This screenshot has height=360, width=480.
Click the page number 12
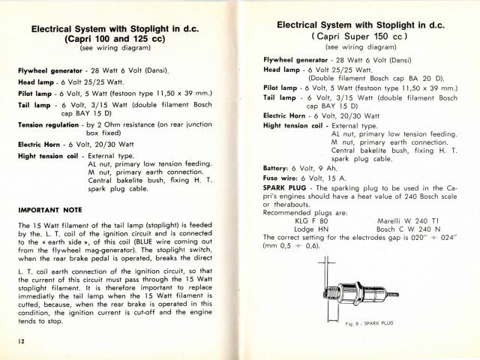13,340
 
